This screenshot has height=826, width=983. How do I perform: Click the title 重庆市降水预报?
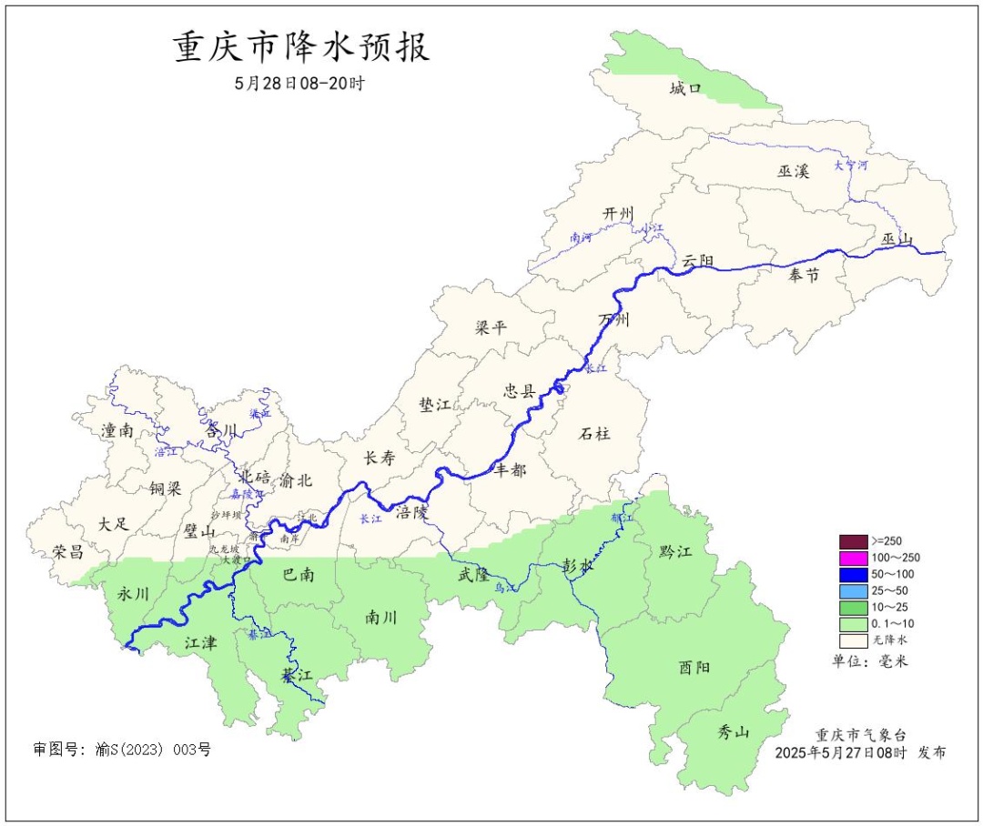[x=301, y=48]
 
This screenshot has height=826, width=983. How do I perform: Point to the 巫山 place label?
[x=897, y=239]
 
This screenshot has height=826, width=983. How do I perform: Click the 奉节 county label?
[x=805, y=275]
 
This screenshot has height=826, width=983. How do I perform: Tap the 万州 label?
[x=614, y=320]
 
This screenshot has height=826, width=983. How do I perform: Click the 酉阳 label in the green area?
[x=694, y=667]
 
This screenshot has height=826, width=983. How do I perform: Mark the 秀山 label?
[x=733, y=731]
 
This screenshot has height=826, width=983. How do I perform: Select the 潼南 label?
[x=117, y=430]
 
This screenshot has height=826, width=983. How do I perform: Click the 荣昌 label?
[x=67, y=551]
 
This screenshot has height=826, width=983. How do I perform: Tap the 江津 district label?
[x=200, y=643]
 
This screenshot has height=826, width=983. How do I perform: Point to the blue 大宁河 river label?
[x=851, y=166]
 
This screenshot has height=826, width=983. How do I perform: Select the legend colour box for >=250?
[x=853, y=540]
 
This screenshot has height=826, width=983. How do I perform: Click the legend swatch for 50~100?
[x=853, y=574]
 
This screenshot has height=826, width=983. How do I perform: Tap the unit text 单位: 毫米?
[x=870, y=661]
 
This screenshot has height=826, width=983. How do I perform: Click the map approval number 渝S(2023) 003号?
[x=122, y=750]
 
